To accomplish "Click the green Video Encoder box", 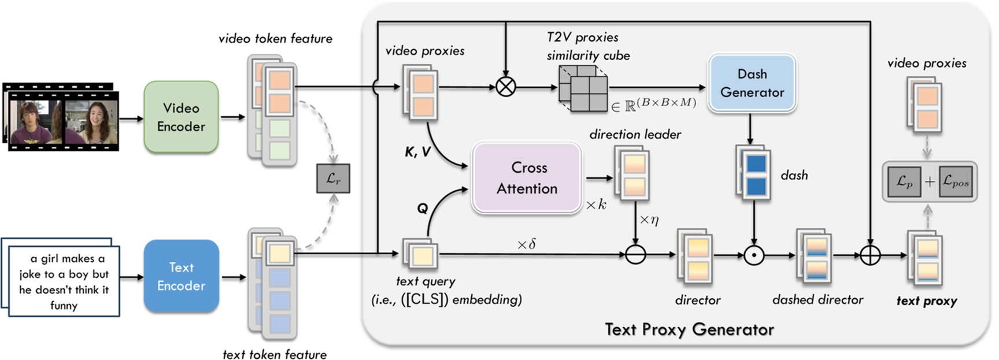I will (x=181, y=117).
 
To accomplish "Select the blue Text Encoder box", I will (x=181, y=276).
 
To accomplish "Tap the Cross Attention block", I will (x=527, y=178).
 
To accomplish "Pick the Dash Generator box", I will (x=752, y=83).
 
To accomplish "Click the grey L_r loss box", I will (x=333, y=179).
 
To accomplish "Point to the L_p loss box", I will (x=904, y=181).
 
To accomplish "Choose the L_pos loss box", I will (x=955, y=181).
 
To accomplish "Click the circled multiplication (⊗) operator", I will (x=506, y=87).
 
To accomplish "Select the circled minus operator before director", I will (x=635, y=254).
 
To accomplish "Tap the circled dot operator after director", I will (x=754, y=255).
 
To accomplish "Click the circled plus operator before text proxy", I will (x=870, y=255).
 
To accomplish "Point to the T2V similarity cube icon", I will (x=583, y=88).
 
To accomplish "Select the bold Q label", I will (x=423, y=209).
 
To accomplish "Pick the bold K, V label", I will (x=417, y=152).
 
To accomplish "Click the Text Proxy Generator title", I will (x=689, y=329).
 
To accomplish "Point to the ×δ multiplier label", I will (x=526, y=244).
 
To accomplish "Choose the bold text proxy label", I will (x=927, y=301).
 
